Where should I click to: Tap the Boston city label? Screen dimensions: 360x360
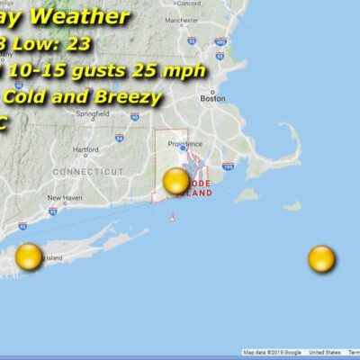coord(213,99)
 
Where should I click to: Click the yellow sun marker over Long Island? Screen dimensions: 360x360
coord(29,256)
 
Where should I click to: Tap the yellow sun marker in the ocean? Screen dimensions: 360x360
coord(321,259)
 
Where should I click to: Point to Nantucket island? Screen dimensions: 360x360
coord(292,205)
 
